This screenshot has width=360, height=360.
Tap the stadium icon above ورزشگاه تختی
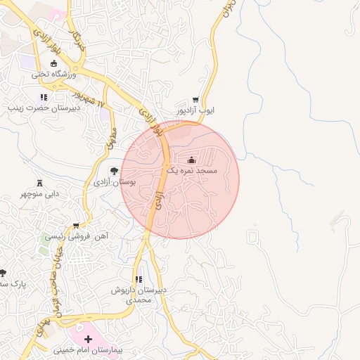click(x=53, y=64)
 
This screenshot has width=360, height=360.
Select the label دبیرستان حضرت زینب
click(x=40, y=108)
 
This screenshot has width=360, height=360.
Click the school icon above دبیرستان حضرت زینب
click(x=44, y=98)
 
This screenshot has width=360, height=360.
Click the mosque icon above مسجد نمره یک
click(x=192, y=160)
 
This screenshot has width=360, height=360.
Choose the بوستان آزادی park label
click(x=114, y=181)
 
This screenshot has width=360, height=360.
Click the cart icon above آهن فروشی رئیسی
click(x=76, y=226)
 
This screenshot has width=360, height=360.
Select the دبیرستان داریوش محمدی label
click(x=138, y=295)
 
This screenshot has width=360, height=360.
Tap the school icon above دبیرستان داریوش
click(x=138, y=279)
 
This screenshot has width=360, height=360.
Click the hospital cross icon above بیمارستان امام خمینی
click(x=87, y=340)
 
